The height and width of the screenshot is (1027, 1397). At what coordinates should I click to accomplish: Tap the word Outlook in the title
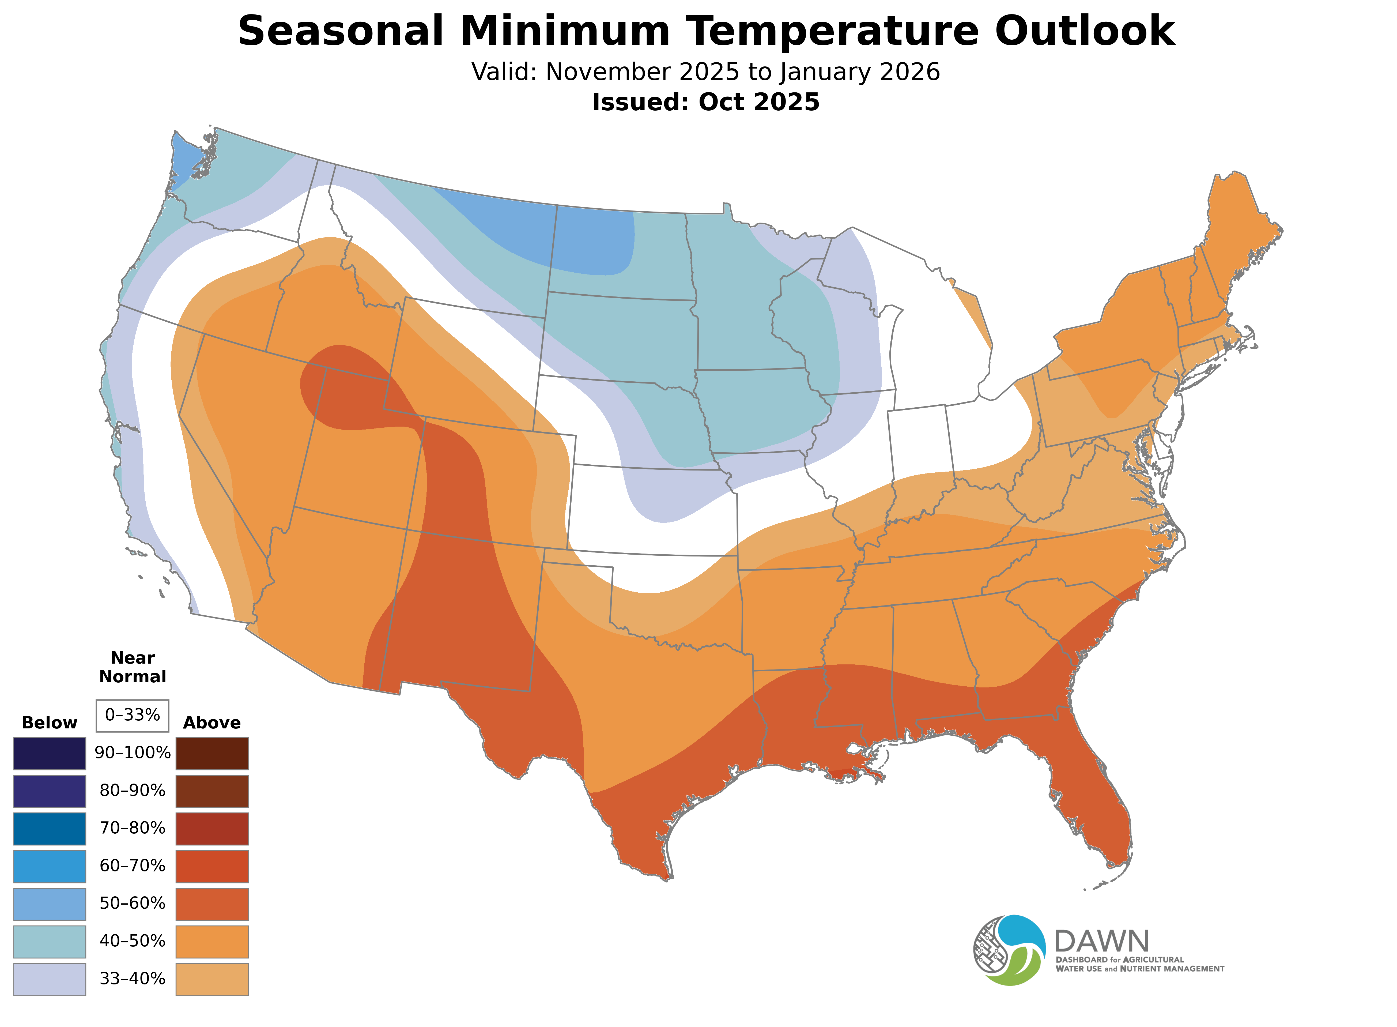coord(1084,31)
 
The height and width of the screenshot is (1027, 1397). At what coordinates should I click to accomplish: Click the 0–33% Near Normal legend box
coord(132,716)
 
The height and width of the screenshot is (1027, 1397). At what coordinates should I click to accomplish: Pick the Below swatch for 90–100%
coord(50,754)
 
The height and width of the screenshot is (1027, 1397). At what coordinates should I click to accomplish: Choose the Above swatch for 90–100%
coord(212,754)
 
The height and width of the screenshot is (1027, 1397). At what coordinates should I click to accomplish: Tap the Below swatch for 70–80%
coord(50,829)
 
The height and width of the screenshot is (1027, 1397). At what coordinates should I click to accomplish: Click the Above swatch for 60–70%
coord(212,866)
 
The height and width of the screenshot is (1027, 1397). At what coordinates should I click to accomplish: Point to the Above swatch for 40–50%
coord(212,941)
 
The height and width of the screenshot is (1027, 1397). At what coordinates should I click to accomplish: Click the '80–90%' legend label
coord(132,791)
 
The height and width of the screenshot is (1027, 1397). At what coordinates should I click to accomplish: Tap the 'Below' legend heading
coord(50,723)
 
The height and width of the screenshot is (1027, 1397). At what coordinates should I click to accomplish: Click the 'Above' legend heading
coord(212,723)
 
